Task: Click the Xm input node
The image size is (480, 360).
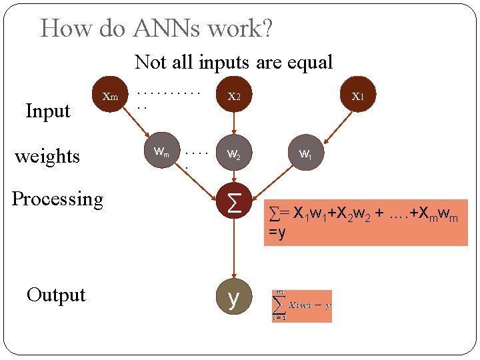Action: [110, 96]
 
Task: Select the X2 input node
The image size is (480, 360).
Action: [233, 96]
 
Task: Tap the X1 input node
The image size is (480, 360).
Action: [358, 96]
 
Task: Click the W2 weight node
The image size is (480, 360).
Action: [234, 153]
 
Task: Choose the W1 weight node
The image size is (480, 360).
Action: [305, 153]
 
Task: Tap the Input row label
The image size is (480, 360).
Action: [47, 111]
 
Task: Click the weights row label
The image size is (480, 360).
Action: [47, 156]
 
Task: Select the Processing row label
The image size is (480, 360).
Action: [58, 199]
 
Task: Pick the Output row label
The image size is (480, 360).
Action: [56, 295]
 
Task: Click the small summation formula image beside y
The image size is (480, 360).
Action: [301, 306]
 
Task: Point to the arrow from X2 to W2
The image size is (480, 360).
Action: [233, 123]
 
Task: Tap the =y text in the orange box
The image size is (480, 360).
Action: [277, 233]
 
